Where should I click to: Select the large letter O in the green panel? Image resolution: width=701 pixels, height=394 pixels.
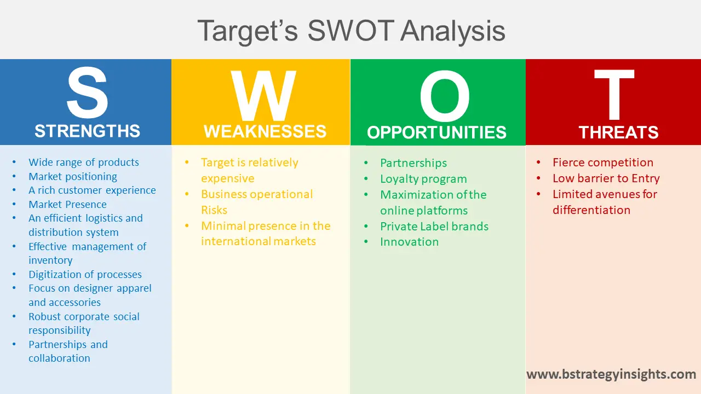click(x=444, y=97)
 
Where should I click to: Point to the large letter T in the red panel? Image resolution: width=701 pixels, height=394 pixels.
click(x=614, y=96)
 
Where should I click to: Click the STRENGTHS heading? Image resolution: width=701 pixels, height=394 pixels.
click(x=87, y=131)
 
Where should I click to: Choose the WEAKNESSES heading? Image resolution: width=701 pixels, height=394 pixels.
click(x=265, y=132)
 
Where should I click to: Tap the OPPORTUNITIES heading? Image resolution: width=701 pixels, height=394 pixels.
click(x=436, y=133)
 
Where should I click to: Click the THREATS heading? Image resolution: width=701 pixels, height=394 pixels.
click(x=618, y=133)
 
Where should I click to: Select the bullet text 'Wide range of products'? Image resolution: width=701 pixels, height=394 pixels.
click(x=84, y=163)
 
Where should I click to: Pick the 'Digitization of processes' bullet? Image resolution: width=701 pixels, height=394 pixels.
click(x=85, y=275)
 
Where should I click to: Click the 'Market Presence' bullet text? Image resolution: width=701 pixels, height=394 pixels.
click(x=67, y=205)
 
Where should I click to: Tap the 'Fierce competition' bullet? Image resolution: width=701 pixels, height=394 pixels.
click(x=602, y=163)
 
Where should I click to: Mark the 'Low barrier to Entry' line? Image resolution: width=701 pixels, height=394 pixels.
click(x=606, y=178)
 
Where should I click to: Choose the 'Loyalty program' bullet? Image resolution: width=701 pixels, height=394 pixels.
click(x=423, y=179)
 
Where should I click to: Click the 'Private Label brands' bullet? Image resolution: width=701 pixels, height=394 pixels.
click(x=434, y=227)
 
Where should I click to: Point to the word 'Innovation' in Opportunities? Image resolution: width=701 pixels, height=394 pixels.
click(x=409, y=242)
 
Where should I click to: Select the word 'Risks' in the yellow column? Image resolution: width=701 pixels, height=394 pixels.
click(x=214, y=210)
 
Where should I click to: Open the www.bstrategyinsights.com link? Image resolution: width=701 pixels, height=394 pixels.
click(x=611, y=375)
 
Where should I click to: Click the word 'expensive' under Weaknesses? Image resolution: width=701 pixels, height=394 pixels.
click(x=227, y=178)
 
